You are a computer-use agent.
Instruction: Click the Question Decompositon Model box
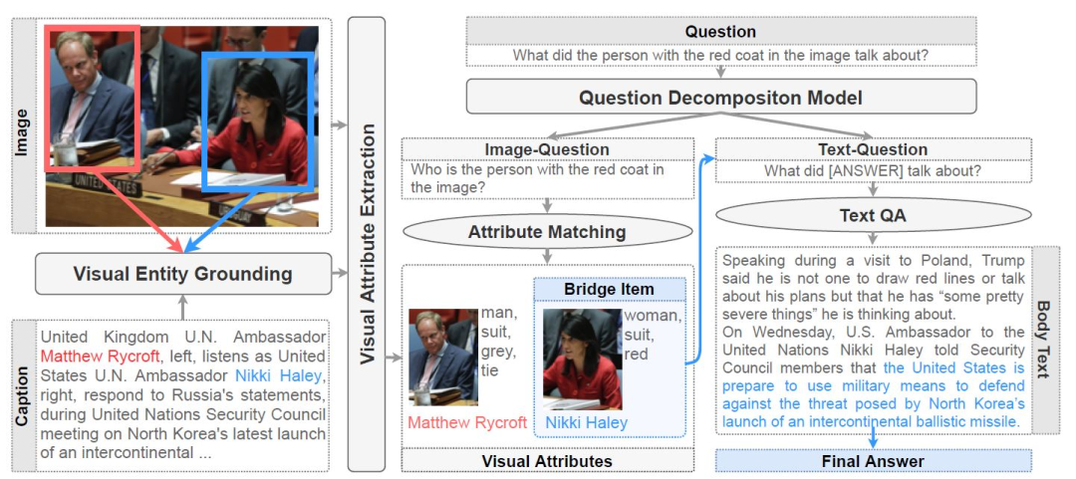coord(720,98)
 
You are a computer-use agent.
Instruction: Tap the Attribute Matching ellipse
coord(546,232)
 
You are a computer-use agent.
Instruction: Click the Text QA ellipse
coord(872,215)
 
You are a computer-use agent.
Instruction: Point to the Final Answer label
coord(873,461)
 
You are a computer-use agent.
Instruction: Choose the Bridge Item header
coord(609,289)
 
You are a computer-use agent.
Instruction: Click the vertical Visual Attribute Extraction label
coord(366,244)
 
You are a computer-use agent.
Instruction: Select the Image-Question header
coord(546,149)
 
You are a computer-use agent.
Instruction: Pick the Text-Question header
coord(872,149)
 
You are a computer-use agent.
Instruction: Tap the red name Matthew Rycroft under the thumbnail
coord(467,423)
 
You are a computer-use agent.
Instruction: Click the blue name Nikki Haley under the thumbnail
coord(586,423)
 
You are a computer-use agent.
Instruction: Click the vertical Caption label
coord(22,393)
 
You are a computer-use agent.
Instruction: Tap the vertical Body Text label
coord(1043,339)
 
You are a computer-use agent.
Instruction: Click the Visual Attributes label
coord(546,461)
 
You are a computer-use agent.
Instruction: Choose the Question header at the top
coord(720,32)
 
